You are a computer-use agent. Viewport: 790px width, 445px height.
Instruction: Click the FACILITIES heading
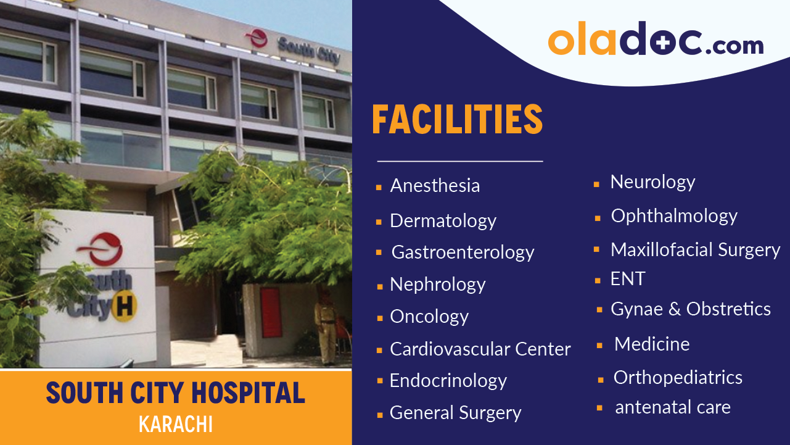point(457,120)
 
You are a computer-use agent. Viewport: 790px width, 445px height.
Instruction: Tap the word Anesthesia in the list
point(435,186)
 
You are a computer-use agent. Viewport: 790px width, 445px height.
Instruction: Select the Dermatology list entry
point(443,221)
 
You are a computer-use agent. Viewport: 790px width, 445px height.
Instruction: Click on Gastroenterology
point(463,252)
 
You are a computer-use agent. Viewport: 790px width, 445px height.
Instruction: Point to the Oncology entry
point(429,317)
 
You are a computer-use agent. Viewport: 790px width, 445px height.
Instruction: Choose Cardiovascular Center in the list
point(480,349)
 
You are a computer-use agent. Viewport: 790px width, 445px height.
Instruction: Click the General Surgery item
point(455,413)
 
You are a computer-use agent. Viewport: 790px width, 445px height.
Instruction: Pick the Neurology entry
point(652,182)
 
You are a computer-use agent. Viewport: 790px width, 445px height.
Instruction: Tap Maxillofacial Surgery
point(695,250)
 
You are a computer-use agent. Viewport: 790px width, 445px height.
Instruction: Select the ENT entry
point(627,279)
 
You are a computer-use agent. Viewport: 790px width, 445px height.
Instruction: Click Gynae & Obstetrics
point(690,309)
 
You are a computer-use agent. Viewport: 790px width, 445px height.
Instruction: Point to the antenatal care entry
point(672,407)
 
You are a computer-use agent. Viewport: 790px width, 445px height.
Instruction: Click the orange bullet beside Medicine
point(599,346)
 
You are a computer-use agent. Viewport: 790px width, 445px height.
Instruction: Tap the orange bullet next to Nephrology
point(379,286)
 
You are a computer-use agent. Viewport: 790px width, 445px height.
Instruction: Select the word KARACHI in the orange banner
point(176,425)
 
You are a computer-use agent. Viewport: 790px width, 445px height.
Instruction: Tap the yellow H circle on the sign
point(125,307)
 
